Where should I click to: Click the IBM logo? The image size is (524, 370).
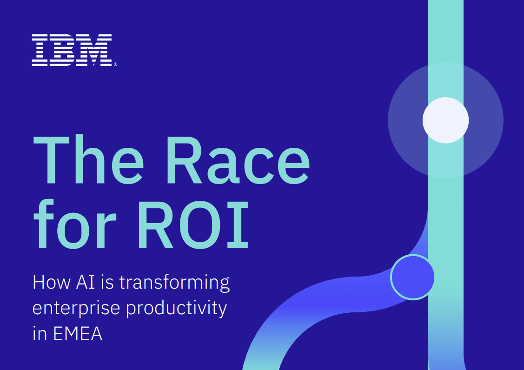click(72, 50)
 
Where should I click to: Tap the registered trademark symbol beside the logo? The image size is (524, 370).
click(116, 64)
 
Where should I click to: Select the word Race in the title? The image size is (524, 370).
click(238, 160)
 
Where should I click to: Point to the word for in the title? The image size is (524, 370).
click(75, 224)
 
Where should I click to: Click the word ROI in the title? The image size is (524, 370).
click(193, 225)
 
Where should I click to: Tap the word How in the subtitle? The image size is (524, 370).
click(52, 282)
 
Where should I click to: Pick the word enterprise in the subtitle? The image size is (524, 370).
click(76, 308)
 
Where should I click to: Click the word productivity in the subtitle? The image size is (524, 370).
click(177, 309)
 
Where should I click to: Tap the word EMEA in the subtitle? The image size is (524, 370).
click(78, 334)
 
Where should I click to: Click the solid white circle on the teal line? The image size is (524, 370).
click(445, 120)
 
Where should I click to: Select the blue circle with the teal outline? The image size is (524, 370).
click(413, 277)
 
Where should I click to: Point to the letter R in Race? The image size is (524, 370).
click(184, 160)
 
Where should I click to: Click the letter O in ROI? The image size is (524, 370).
click(200, 225)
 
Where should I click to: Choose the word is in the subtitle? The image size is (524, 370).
click(110, 282)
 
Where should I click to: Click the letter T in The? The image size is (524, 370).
click(51, 160)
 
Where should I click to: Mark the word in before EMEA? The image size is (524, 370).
click(40, 334)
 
